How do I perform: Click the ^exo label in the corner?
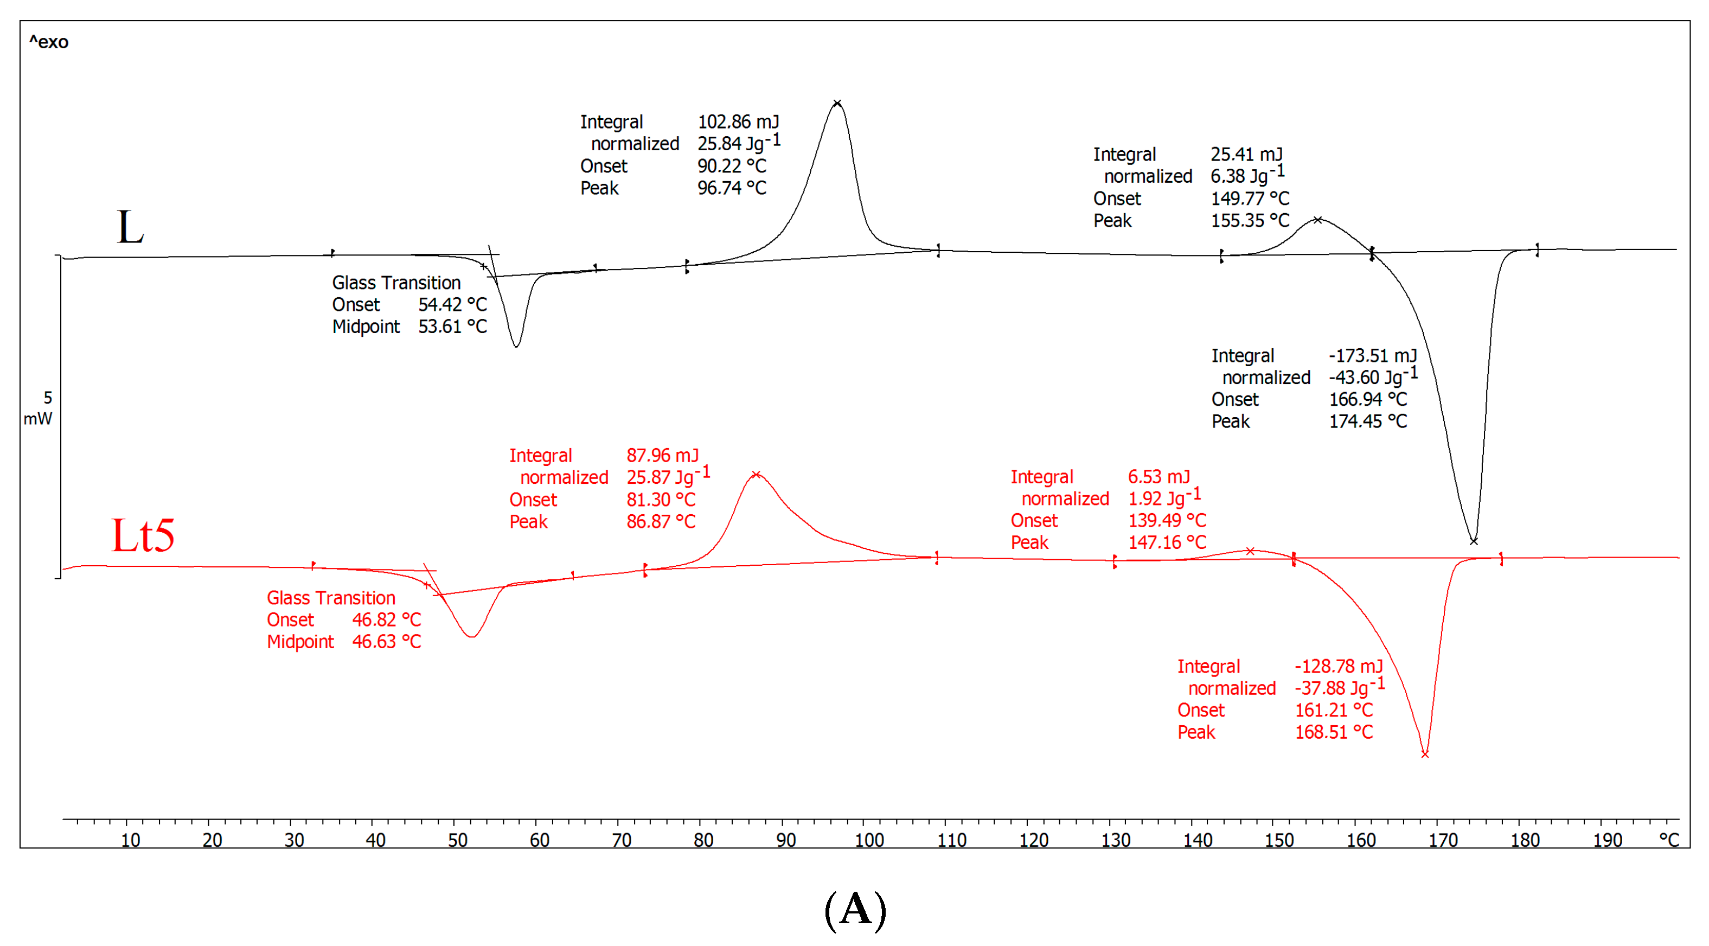click(48, 42)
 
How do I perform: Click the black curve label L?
click(130, 227)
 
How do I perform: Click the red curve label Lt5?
click(143, 535)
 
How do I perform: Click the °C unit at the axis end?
click(1668, 840)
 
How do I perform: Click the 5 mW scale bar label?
click(39, 408)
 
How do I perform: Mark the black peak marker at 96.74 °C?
click(837, 104)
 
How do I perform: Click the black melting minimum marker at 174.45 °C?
click(1474, 541)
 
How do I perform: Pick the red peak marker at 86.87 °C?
click(756, 474)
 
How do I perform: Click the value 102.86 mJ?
click(738, 122)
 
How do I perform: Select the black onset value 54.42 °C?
click(452, 304)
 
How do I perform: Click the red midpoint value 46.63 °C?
click(386, 642)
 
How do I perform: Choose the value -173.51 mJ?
click(1372, 356)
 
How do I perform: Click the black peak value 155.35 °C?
click(1250, 220)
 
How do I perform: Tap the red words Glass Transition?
click(331, 598)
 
